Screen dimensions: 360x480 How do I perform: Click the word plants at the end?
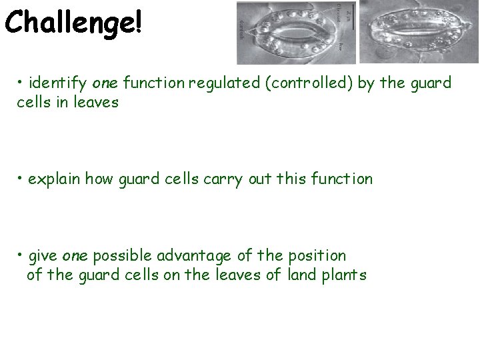(x=343, y=275)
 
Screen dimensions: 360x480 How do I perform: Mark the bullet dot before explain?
(x=21, y=179)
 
